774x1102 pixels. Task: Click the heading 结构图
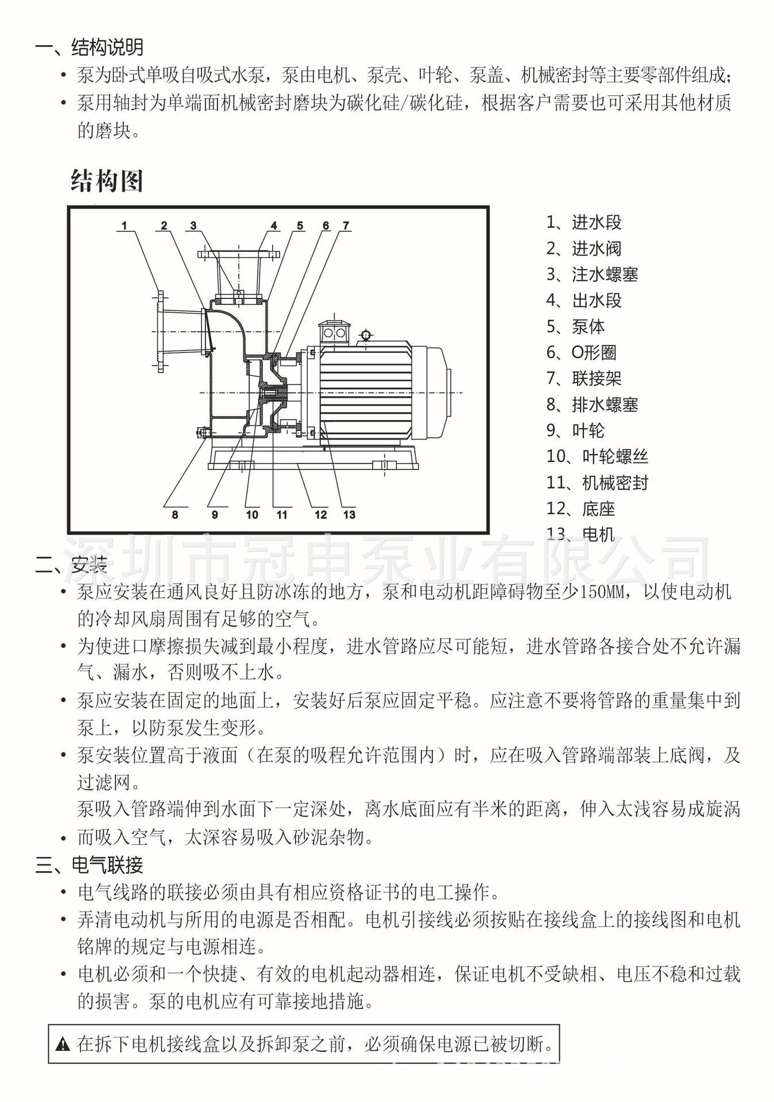[x=107, y=181]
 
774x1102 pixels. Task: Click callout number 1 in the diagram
[x=125, y=226]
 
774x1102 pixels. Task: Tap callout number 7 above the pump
[x=346, y=226]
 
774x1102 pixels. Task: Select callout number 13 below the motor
[x=349, y=515]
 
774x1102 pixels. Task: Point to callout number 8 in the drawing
[x=175, y=515]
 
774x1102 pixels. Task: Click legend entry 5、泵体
[x=575, y=327]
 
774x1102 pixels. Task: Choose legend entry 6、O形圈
[x=581, y=352]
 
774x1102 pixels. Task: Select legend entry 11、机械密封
[x=597, y=483]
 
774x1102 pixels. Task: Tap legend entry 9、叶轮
[x=575, y=430]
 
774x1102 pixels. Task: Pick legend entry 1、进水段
[x=584, y=222]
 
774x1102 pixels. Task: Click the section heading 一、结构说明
[x=89, y=47]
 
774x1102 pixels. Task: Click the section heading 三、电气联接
[x=89, y=865]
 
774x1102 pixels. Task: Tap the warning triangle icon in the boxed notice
[x=63, y=1044]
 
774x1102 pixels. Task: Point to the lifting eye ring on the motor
[x=365, y=335]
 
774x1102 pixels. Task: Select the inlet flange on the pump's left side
[x=160, y=332]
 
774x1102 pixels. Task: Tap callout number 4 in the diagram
[x=274, y=226]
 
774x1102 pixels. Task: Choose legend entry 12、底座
[x=580, y=509]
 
